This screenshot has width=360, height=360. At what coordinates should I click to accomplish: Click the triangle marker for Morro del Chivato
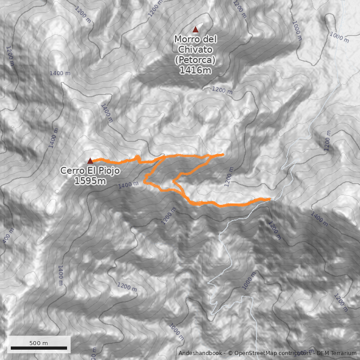coord(195,30)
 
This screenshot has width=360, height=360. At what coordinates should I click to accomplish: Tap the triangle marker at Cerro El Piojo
coord(90,161)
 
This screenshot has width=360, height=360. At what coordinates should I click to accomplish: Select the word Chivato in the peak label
coord(195,49)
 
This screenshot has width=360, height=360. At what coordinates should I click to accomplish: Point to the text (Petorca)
coord(195,59)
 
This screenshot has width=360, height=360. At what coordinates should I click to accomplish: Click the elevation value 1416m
coord(195,70)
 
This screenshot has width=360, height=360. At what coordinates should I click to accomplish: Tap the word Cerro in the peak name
coord(72,171)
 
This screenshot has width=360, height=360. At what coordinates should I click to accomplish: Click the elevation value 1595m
coord(90,181)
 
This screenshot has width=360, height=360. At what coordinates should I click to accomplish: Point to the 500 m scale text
coord(39,343)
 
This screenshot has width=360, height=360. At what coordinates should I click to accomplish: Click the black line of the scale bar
coord(39,348)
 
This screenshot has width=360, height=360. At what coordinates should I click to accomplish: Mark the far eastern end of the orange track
coord(270,198)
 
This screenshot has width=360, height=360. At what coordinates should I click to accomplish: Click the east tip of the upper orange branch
coord(223,155)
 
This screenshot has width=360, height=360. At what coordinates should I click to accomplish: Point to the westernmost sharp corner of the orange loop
coord(144,182)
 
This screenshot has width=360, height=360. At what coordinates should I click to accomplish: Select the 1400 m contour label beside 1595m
coord(128,184)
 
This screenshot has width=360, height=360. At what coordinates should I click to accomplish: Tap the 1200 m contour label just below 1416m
coord(222,90)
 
